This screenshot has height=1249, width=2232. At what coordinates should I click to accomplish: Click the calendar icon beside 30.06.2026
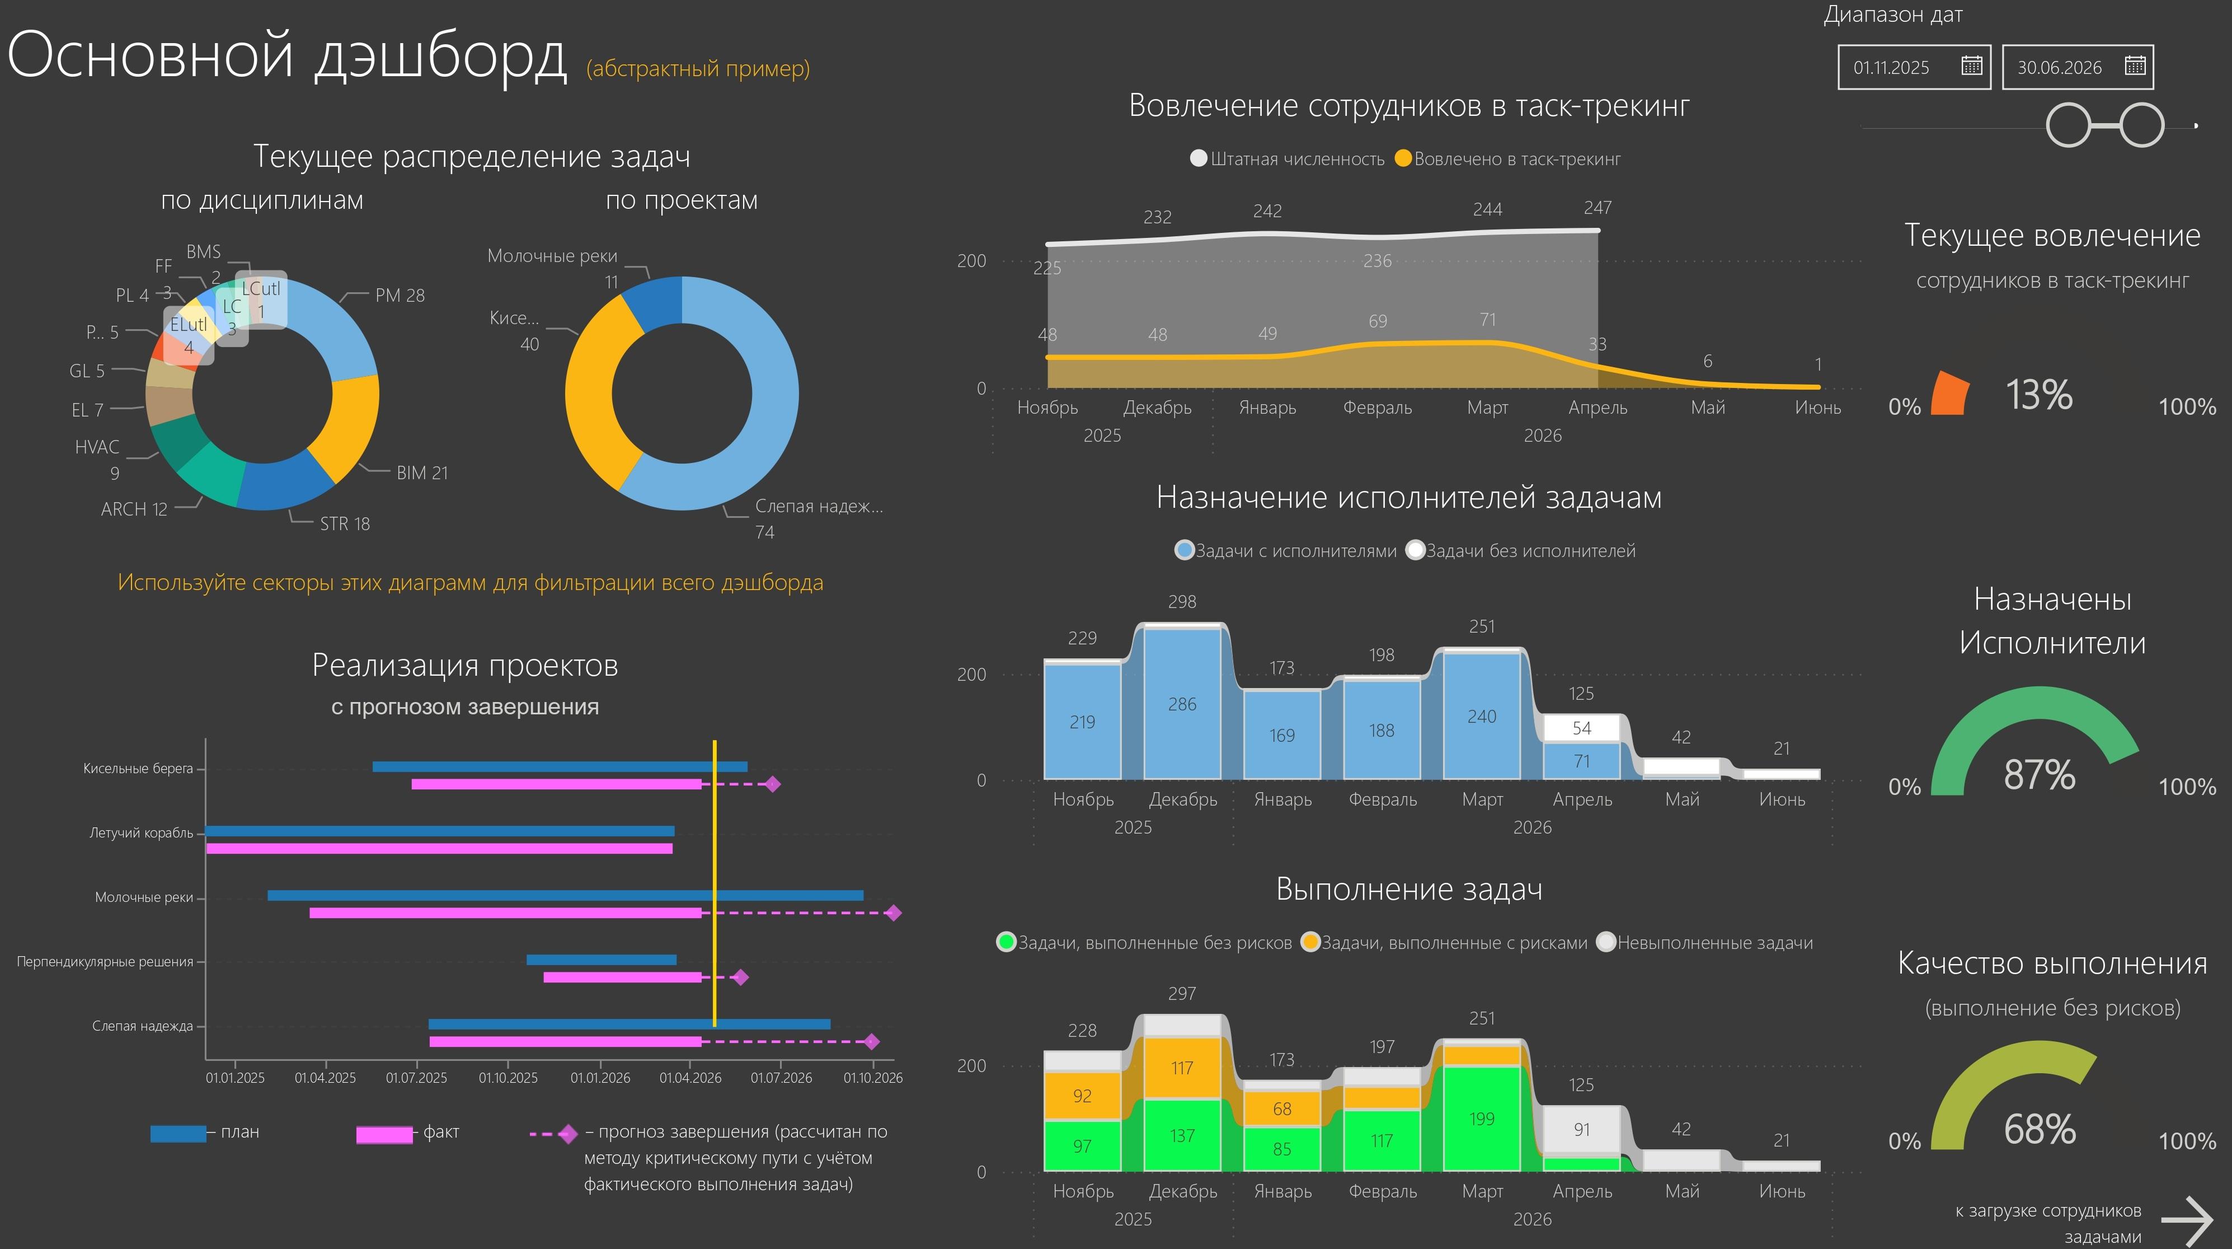2135,66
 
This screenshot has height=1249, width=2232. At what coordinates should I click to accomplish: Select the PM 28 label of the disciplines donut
400,296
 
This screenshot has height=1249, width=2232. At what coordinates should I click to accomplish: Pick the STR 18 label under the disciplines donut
344,523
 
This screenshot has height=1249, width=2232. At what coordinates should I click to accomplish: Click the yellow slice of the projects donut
597,390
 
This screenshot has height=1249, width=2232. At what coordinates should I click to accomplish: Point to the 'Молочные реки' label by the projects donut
552,256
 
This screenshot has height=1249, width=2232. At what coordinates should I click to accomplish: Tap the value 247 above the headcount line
1597,208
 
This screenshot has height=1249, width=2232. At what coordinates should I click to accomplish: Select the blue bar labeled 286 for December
1182,704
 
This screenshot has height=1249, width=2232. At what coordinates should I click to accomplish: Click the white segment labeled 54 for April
1581,728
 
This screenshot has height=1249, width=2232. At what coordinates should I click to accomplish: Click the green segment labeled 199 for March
1482,1118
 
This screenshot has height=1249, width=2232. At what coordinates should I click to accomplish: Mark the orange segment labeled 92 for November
1082,1096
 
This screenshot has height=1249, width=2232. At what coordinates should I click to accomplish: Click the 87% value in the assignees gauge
2039,775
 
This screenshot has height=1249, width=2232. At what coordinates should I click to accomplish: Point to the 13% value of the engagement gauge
2039,395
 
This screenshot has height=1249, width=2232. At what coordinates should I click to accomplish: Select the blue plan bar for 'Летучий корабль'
439,831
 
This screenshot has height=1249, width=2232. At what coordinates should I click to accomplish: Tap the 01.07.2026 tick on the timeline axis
781,1077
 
